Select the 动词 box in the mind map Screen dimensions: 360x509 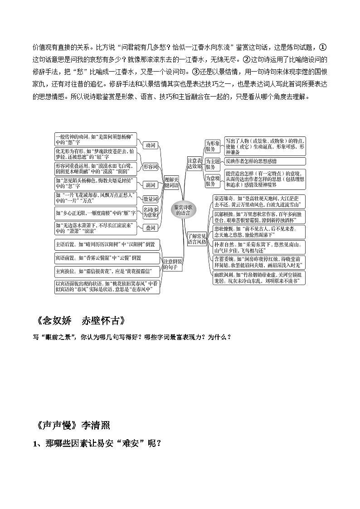[x=150, y=145]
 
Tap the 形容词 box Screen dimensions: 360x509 [x=150, y=167]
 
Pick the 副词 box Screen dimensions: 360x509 [x=150, y=185]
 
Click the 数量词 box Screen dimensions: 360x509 [x=150, y=199]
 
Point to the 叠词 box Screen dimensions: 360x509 [x=150, y=228]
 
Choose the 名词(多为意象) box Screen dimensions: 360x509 [x=150, y=212]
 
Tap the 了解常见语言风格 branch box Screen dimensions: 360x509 [x=197, y=238]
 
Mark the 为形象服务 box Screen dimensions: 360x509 [x=212, y=146]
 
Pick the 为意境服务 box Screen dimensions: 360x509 [x=212, y=181]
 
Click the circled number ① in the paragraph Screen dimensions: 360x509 [x=323, y=47]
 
